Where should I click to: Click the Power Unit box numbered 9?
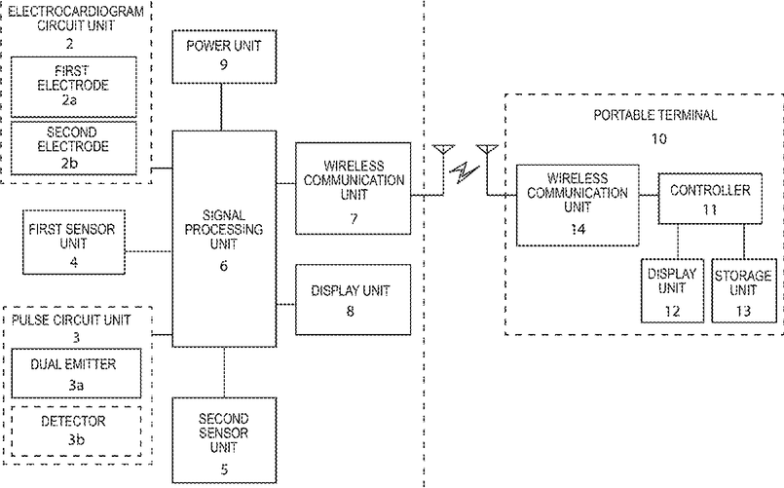(x=224, y=56)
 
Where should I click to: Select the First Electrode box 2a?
(x=73, y=87)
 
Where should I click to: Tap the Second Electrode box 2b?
(x=73, y=148)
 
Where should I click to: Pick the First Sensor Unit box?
(x=73, y=242)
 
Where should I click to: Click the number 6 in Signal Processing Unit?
(x=223, y=266)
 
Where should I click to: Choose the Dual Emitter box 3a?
(x=76, y=373)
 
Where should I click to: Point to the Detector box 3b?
(x=76, y=431)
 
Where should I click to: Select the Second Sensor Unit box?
(x=224, y=440)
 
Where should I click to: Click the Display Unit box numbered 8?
(x=353, y=299)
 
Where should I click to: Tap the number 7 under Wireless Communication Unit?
(x=354, y=218)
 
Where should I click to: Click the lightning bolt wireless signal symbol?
(x=465, y=172)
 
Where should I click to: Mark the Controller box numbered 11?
(x=710, y=199)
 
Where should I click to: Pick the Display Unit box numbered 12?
(x=673, y=290)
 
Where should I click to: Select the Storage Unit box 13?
(x=744, y=290)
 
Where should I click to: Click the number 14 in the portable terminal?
(x=578, y=229)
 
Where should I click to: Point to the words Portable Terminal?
(x=655, y=115)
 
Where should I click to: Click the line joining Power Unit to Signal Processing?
(x=221, y=107)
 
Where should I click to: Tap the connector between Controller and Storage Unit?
(x=744, y=241)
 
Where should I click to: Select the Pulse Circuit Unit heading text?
(x=71, y=319)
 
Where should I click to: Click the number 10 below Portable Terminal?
(x=659, y=138)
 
